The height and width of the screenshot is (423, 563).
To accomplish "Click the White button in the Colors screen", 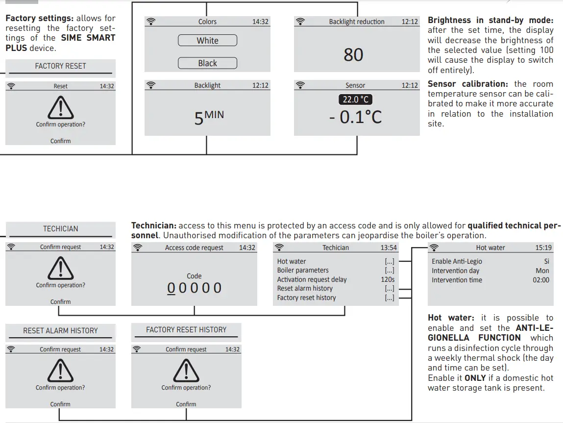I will [207, 41].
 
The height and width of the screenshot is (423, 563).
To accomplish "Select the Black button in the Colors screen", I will [207, 63].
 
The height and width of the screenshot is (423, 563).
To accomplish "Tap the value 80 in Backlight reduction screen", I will [353, 55].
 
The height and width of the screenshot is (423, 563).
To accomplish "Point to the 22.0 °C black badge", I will [356, 100].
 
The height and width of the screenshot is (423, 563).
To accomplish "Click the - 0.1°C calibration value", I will [355, 118].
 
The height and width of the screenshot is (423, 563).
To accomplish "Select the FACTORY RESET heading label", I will [60, 66].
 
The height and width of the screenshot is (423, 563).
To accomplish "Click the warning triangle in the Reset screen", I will [60, 107].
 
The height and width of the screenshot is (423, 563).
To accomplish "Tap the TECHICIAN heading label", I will [60, 229].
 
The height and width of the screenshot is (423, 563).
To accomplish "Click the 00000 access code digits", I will [195, 288].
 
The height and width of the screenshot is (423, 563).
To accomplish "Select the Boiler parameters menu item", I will [303, 270].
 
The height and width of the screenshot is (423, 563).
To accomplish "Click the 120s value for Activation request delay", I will [388, 279].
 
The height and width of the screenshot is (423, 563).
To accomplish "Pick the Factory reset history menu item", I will [306, 298].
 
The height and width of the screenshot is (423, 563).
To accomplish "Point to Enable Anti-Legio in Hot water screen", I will [456, 261].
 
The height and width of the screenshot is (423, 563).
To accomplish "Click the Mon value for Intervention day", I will [542, 271].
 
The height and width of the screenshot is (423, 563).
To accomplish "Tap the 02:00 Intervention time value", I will [541, 280].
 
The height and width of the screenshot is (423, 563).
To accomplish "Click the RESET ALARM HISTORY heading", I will [60, 331].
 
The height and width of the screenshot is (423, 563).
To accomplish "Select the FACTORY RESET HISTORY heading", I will [186, 330].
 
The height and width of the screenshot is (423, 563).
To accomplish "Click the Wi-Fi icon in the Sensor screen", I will [300, 85].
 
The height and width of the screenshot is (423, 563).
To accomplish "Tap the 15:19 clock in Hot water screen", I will [543, 248].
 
